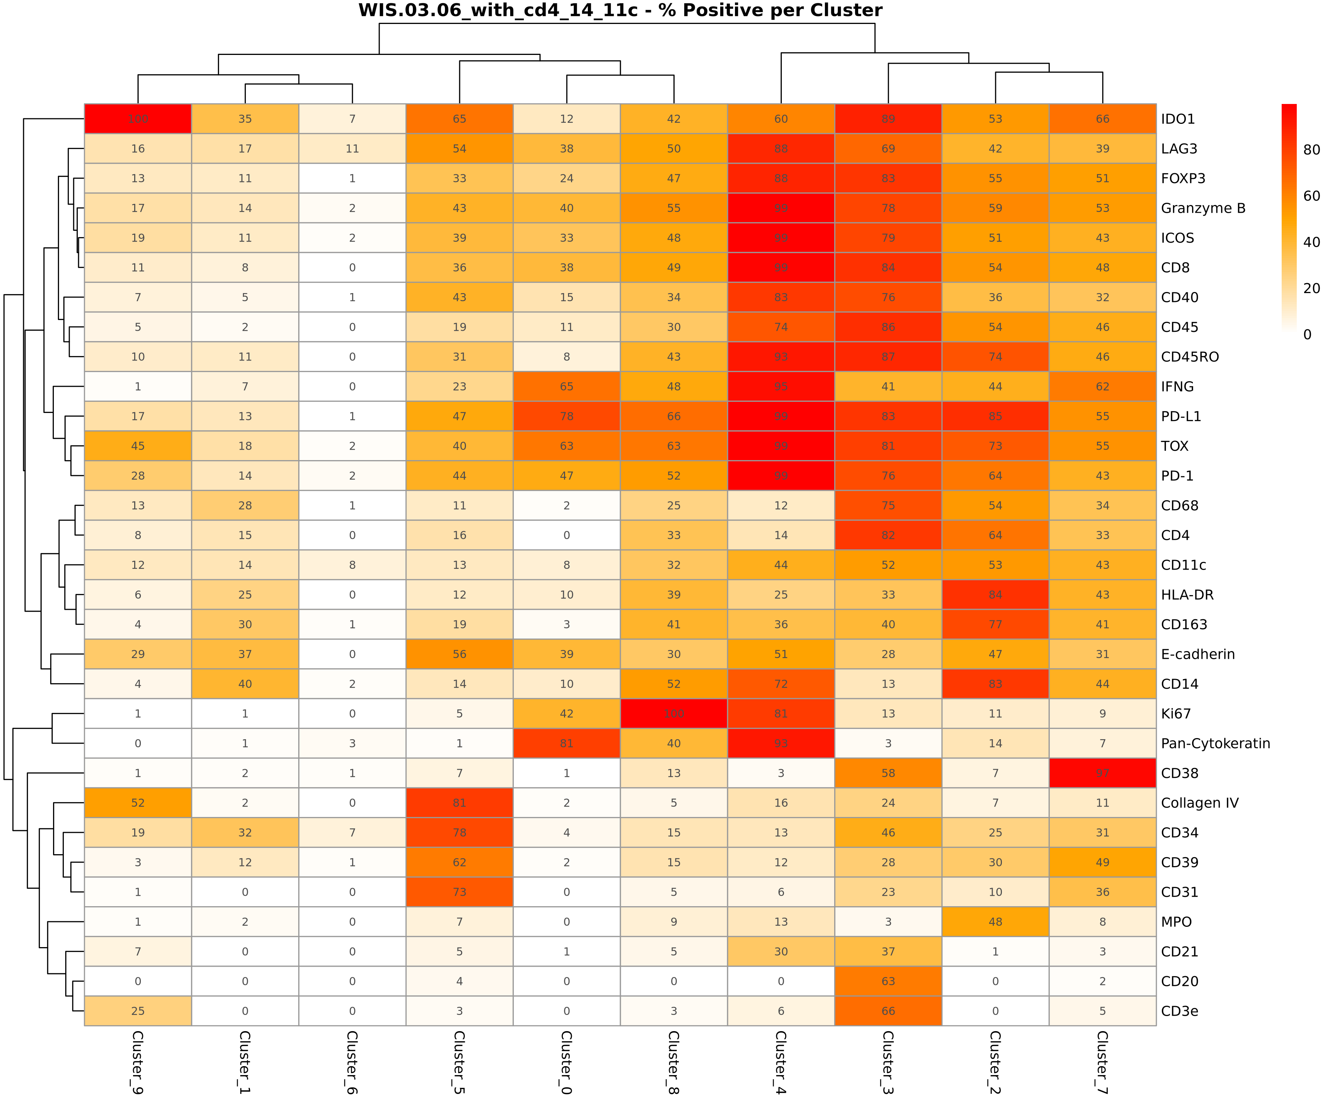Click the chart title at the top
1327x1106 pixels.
pos(620,11)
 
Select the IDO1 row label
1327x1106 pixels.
pos(1178,119)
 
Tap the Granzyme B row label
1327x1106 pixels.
pos(1203,208)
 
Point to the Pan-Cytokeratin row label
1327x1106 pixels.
pos(1215,743)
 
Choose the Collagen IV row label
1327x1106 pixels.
pos(1199,803)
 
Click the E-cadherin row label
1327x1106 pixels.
pos(1198,654)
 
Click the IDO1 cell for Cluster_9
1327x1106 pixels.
pos(138,119)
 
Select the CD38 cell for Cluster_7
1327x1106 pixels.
pos(1103,773)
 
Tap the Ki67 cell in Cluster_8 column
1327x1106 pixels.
pos(673,713)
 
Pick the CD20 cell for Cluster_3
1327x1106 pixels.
pos(888,981)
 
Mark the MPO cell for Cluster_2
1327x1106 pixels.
pos(995,921)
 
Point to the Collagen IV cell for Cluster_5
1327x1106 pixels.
pos(459,803)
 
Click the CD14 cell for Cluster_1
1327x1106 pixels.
pos(245,684)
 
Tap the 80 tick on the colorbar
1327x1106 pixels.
pos(1311,150)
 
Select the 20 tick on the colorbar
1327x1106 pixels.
pos(1311,288)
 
